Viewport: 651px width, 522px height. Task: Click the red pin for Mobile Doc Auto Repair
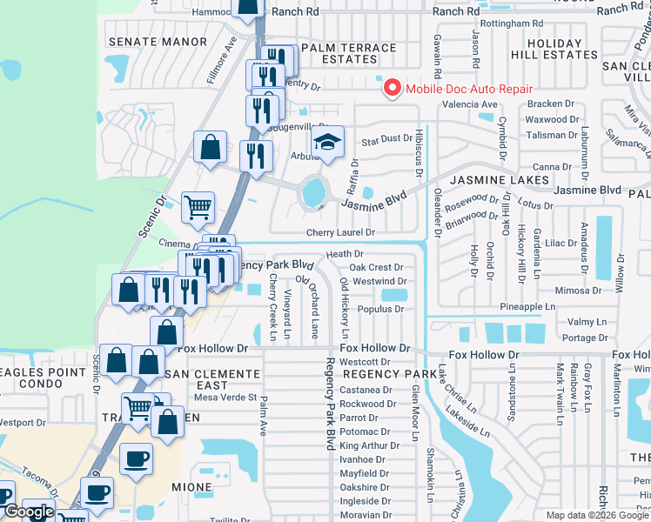392,88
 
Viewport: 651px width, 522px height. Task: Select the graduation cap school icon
328,144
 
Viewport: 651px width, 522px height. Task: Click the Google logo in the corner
29,512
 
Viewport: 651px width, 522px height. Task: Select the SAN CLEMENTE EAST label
213,379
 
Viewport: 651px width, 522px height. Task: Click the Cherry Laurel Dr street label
339,232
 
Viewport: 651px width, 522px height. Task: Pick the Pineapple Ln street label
527,307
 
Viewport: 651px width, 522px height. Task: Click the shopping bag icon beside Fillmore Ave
211,147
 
